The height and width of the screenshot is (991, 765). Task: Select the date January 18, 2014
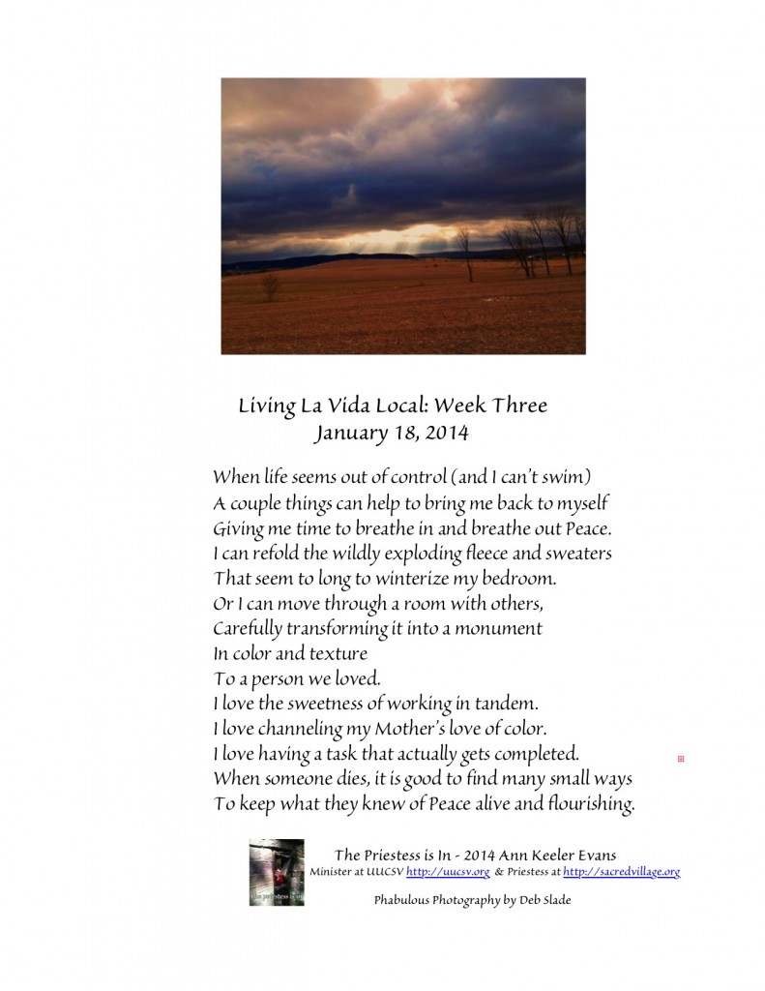(391, 433)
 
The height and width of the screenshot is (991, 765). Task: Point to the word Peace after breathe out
(584, 527)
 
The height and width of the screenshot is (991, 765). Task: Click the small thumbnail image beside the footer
(276, 872)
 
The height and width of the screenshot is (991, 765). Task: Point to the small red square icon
(681, 759)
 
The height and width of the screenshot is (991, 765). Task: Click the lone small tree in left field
(270, 285)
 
